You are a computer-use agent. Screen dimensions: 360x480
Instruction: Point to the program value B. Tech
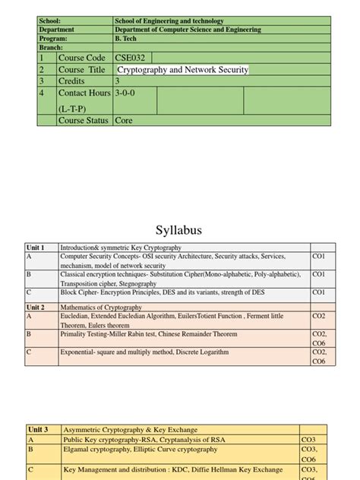[x=127, y=38]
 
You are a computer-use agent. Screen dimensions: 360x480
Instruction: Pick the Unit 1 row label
[x=36, y=248]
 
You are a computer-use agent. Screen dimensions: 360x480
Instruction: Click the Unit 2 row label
[x=36, y=308]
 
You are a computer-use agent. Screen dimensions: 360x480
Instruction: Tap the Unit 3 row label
[x=39, y=430]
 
